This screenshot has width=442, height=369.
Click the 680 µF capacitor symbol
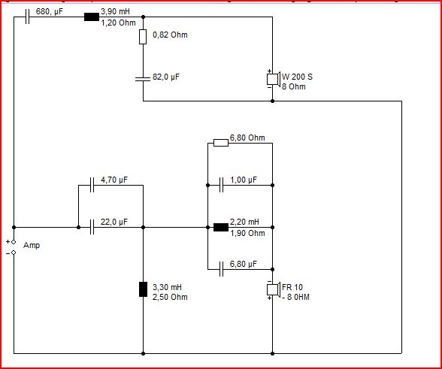coord(27,17)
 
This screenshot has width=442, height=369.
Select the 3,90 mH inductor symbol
coord(92,17)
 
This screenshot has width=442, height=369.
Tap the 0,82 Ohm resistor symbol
coord(143,37)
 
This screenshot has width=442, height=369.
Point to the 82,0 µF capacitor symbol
coord(143,78)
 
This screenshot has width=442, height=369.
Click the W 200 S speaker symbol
coord(273,79)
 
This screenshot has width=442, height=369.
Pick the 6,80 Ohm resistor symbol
coord(221,143)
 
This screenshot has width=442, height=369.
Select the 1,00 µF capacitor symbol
coord(221,185)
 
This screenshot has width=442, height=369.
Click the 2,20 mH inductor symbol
coord(221,227)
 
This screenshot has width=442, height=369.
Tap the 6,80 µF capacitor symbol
coord(221,269)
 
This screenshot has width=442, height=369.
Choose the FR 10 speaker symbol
coord(273,289)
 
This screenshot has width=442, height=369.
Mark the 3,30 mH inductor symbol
coord(143,289)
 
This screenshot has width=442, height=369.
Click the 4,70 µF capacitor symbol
coord(92,185)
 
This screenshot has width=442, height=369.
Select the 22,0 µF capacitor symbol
coord(92,227)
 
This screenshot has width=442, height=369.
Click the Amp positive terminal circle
coord(14,242)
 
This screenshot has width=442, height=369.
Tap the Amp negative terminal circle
coord(14,253)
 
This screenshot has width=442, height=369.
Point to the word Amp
coord(32,246)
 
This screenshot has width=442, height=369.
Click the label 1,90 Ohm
coord(247,233)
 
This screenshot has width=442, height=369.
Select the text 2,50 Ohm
coord(170,297)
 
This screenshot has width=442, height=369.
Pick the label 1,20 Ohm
coord(119,23)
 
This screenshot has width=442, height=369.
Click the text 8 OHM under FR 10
coord(298,297)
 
